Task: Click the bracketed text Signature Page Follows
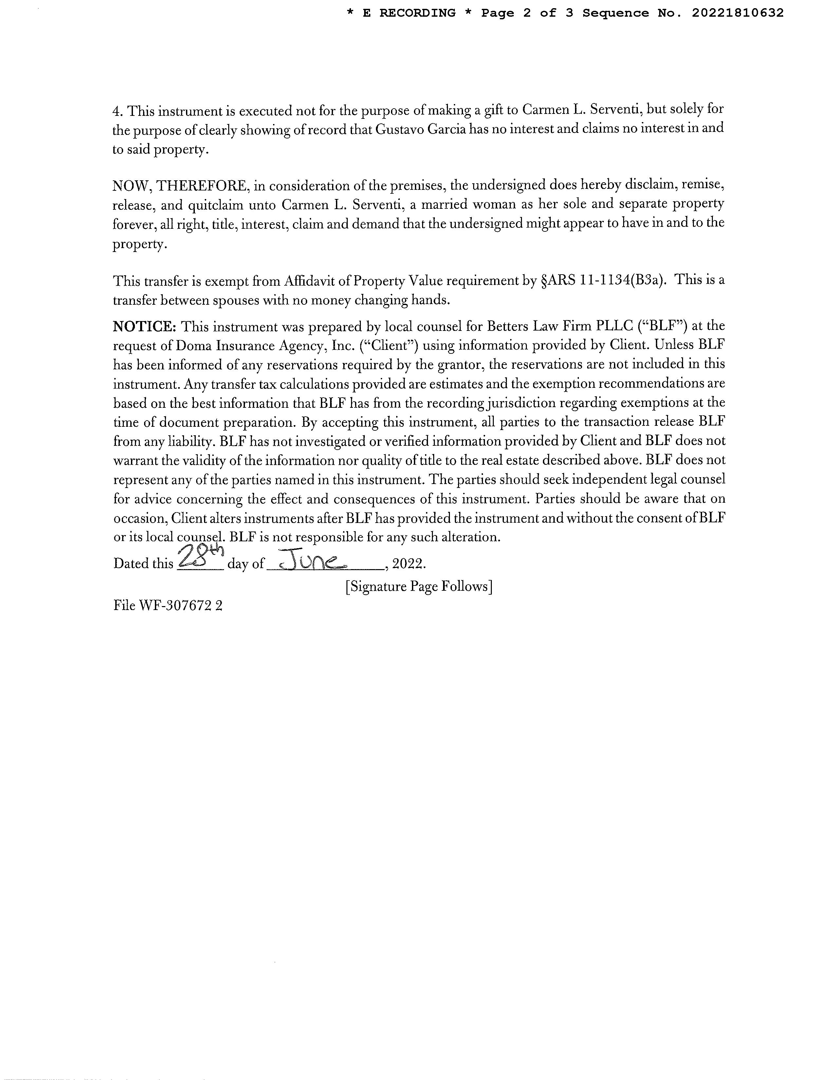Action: click(x=418, y=586)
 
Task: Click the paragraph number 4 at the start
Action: click(x=117, y=111)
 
